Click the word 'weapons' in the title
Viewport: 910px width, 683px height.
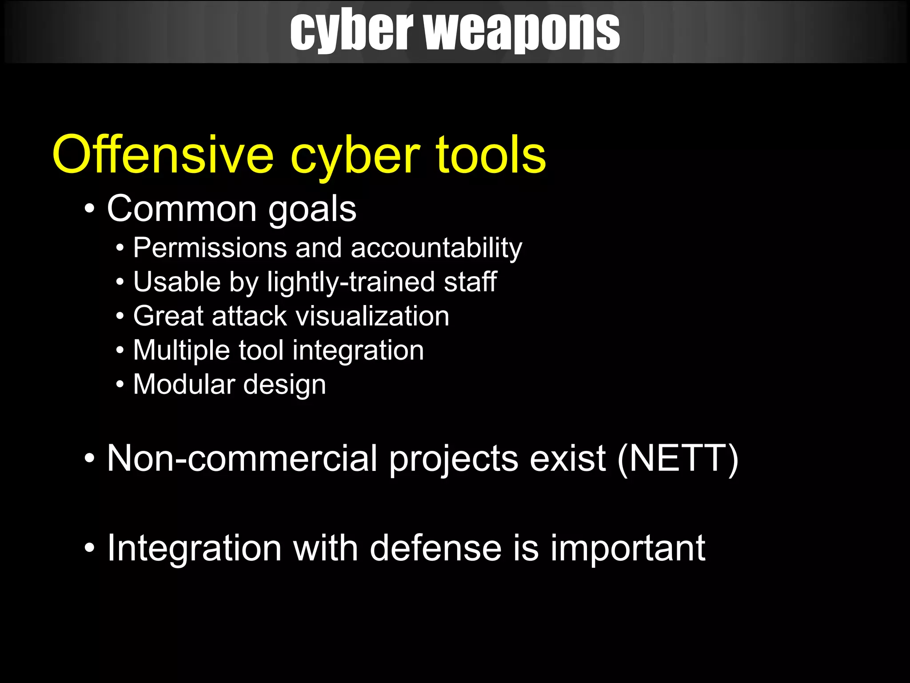522,31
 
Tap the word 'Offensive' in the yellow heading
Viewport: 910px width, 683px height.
163,155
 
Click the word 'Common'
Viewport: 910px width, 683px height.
182,209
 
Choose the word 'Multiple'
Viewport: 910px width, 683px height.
181,350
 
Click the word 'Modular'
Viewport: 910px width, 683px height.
184,384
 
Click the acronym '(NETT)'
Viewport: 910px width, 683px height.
678,458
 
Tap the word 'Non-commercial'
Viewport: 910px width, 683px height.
242,458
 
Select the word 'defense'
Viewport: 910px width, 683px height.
436,548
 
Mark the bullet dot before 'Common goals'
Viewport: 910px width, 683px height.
90,209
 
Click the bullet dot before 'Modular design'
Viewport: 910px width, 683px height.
120,384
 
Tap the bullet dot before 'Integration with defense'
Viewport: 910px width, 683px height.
90,548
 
